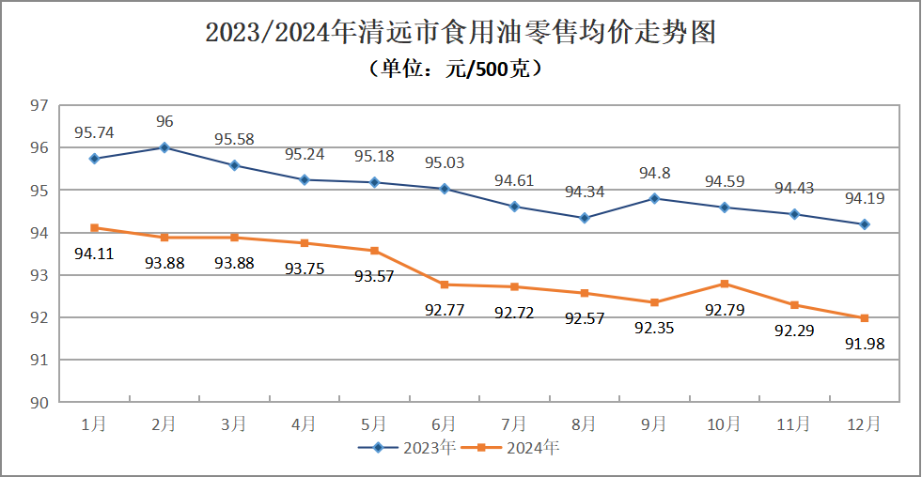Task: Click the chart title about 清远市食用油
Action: pyautogui.click(x=461, y=33)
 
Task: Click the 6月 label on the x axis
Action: pyautogui.click(x=444, y=424)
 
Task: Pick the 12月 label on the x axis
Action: pyautogui.click(x=864, y=424)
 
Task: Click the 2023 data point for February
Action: pyautogui.click(x=164, y=147)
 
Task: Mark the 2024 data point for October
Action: pyautogui.click(x=724, y=284)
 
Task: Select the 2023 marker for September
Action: pyautogui.click(x=654, y=198)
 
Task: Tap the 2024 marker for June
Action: pyautogui.click(x=444, y=285)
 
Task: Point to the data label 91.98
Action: pyautogui.click(x=865, y=344)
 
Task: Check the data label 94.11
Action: pyautogui.click(x=94, y=253)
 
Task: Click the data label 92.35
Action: pyautogui.click(x=654, y=329)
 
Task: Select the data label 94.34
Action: pyautogui.click(x=585, y=192)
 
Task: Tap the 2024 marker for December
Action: pyautogui.click(x=864, y=318)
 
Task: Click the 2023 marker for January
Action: pyautogui.click(x=94, y=159)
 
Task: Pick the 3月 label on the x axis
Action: pyautogui.click(x=234, y=424)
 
